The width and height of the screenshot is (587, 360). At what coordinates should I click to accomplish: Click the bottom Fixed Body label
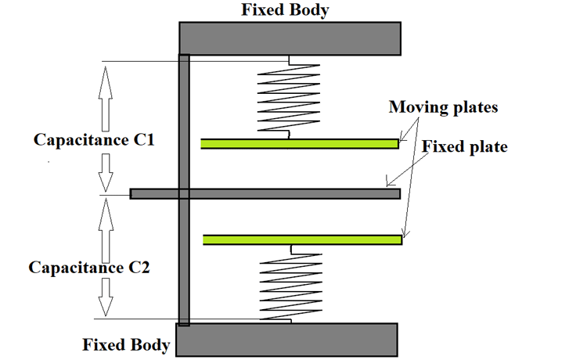pyautogui.click(x=127, y=344)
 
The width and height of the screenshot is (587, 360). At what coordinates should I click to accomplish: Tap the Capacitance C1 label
pyautogui.click(x=95, y=140)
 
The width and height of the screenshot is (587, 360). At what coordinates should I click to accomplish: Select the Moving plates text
pyautogui.click(x=443, y=106)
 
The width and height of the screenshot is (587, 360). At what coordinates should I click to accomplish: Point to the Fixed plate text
pyautogui.click(x=465, y=146)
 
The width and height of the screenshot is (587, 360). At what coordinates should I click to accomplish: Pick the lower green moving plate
pyautogui.click(x=302, y=239)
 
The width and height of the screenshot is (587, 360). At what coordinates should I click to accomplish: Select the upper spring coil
pyautogui.click(x=289, y=98)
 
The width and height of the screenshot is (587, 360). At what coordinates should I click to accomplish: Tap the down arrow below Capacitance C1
pyautogui.click(x=106, y=171)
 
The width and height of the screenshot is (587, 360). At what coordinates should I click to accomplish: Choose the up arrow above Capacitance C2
pyautogui.click(x=106, y=222)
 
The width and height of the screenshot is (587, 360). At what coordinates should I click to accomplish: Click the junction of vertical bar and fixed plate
pyautogui.click(x=184, y=193)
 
